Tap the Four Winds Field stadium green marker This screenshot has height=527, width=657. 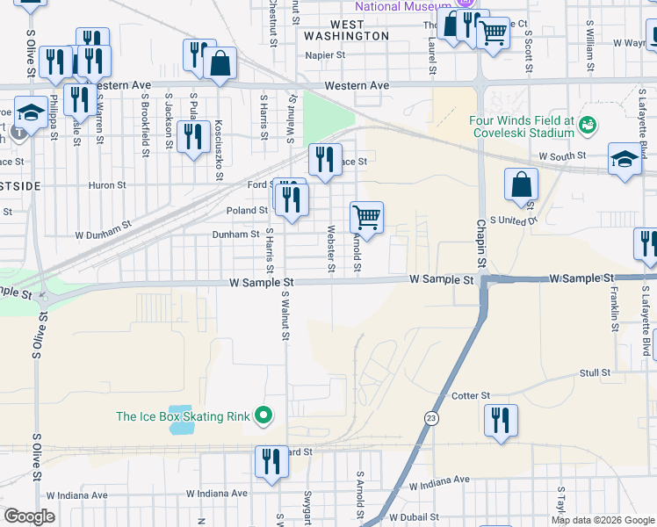click(x=587, y=127)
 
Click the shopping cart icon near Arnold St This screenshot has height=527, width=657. click(x=366, y=216)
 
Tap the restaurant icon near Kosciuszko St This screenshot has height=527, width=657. click(x=191, y=136)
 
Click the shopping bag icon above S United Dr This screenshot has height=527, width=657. click(x=522, y=184)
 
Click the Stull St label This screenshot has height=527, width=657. click(x=595, y=373)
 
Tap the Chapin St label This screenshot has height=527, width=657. click(x=481, y=245)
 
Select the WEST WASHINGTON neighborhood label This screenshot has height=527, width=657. click(x=347, y=30)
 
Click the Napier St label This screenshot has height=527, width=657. click(x=325, y=54)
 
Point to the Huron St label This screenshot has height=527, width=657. click(x=107, y=185)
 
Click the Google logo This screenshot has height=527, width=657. click(x=29, y=516)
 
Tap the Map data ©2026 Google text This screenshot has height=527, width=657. click(x=602, y=520)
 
